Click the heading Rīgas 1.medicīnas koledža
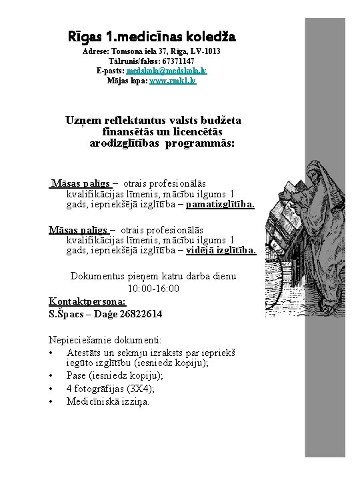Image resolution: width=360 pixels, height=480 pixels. tap(151, 35)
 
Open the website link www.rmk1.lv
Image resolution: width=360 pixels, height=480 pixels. tap(173, 80)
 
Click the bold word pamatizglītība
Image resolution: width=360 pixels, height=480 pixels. tap(220, 205)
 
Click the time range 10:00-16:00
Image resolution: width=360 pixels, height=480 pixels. tap(153, 289)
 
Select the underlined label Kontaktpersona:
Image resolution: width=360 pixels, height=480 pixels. tap(87, 301)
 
